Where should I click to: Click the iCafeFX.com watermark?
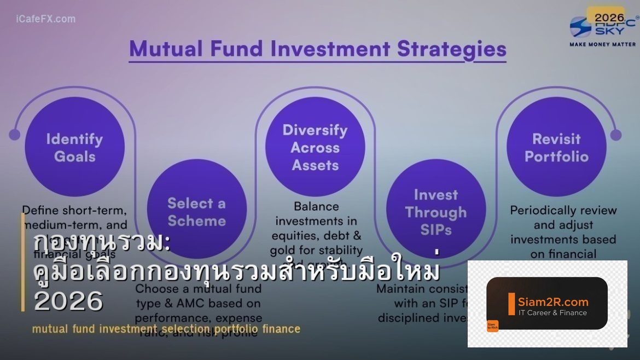[46, 19]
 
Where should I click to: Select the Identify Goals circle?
[75, 147]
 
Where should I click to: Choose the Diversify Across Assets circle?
[315, 147]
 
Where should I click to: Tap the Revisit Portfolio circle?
[556, 147]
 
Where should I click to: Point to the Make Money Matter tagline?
[603, 44]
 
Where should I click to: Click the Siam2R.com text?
[553, 301]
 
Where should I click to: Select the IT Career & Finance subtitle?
[552, 313]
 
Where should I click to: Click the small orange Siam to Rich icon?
[492, 326]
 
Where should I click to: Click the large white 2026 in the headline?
[68, 301]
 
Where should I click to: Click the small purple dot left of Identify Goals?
[15, 135]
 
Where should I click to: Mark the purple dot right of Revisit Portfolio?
[616, 135]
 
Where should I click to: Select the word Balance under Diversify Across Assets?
[316, 207]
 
